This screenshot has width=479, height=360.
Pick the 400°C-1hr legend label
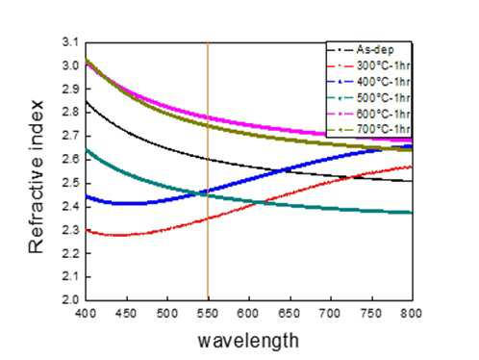coord(384,82)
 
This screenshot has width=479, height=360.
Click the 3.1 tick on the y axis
coord(70,42)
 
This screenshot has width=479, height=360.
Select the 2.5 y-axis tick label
coord(70,183)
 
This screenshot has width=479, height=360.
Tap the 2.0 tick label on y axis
coord(70,299)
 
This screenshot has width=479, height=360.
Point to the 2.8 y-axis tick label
coord(70,113)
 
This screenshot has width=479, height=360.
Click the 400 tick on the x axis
coord(86,313)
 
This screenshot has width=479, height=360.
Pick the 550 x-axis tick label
coord(208,313)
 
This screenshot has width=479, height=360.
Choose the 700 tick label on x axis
coord(330,313)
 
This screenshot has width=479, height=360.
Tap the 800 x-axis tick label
coord(411,313)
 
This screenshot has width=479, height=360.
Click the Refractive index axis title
coord(36,176)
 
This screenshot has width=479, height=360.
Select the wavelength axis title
coord(248,341)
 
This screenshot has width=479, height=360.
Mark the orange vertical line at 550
coord(208,171)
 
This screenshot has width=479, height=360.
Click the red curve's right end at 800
coord(412,167)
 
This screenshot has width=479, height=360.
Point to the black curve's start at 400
coord(86,101)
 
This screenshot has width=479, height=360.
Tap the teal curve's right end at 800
coord(412,212)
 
